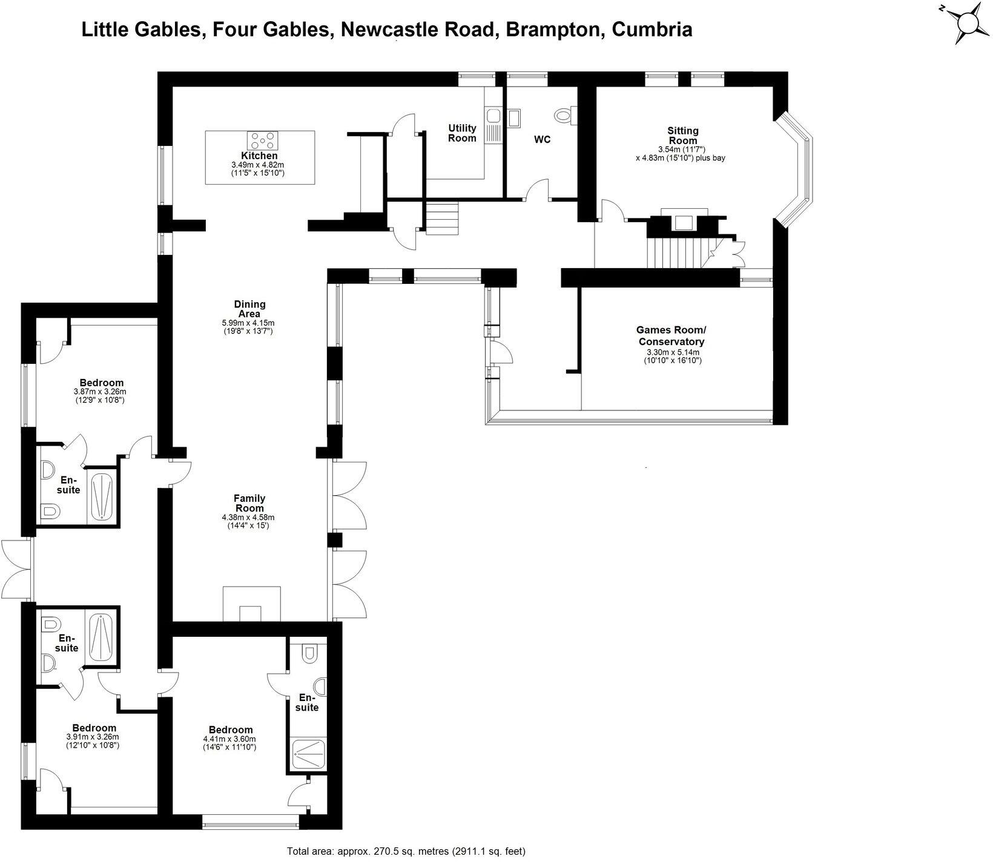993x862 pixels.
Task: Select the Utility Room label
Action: pyautogui.click(x=462, y=133)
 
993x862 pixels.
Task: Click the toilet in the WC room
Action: pyautogui.click(x=564, y=114)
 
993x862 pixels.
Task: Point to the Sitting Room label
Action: pyautogui.click(x=682, y=135)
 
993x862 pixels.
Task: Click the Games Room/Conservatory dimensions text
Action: pyautogui.click(x=671, y=356)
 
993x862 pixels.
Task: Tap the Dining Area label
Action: pyautogui.click(x=249, y=309)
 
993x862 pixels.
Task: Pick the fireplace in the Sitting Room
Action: pyautogui.click(x=684, y=222)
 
